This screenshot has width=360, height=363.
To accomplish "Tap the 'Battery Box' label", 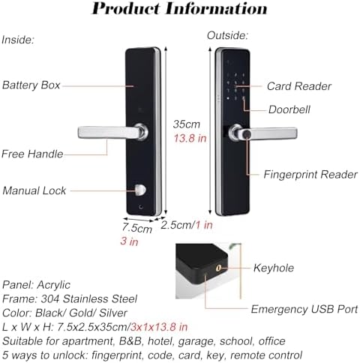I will [31, 85].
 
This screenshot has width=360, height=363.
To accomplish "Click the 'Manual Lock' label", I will [34, 190].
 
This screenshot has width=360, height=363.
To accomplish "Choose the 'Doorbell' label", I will [289, 109].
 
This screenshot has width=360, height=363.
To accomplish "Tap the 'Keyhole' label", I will [274, 268].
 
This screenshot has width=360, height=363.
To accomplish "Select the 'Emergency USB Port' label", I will [304, 309].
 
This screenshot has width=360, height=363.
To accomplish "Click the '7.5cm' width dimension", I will [138, 226].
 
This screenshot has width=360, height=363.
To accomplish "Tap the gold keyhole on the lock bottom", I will [219, 267].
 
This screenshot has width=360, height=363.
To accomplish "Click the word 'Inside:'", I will [18, 39].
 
